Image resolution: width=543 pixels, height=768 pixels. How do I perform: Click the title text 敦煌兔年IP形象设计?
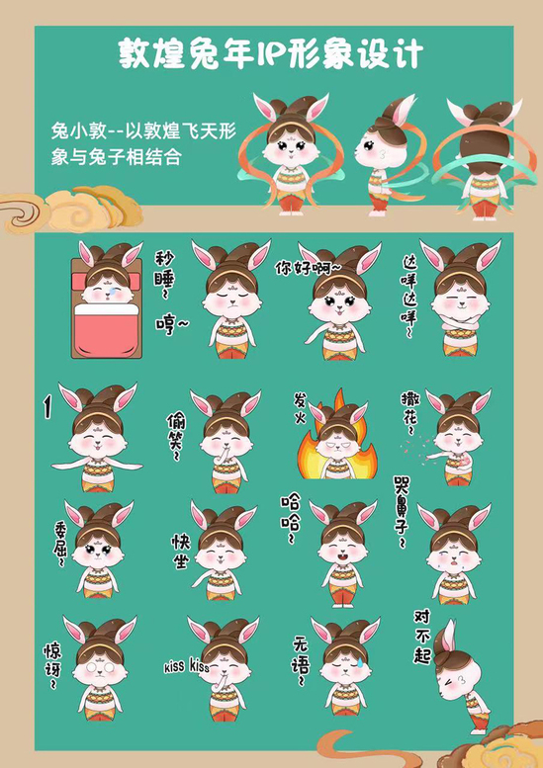[271, 54]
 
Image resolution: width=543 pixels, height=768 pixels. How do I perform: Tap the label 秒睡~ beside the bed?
[164, 276]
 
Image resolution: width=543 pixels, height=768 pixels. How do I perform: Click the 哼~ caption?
[172, 325]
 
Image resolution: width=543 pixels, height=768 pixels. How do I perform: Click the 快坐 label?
[180, 551]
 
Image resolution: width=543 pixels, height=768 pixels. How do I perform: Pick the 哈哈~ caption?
[290, 519]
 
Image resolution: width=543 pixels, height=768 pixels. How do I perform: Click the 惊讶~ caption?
[52, 666]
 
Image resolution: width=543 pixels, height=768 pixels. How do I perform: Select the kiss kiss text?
[186, 666]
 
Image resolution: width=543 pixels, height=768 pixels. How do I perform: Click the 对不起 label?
[422, 637]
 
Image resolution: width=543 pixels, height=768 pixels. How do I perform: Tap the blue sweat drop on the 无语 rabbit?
[360, 661]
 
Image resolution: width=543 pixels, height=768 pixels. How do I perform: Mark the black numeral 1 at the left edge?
[47, 407]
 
